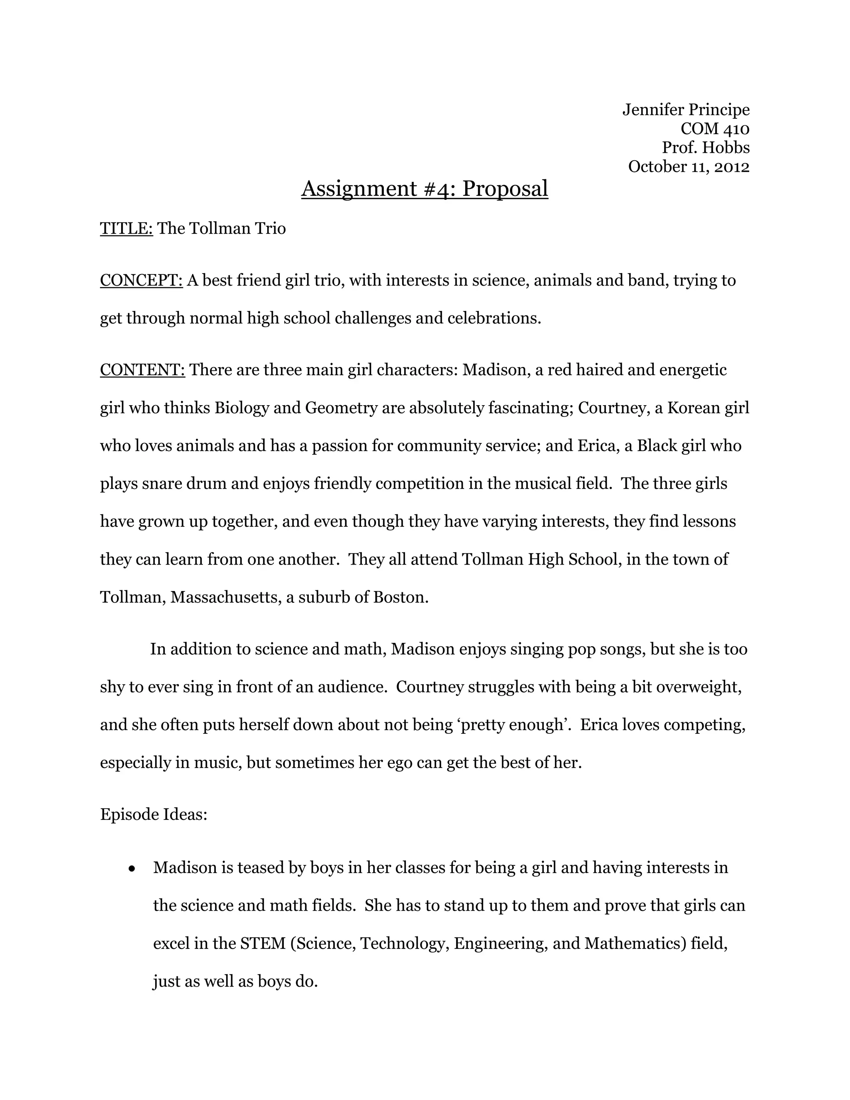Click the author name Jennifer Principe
[x=686, y=110]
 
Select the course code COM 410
[x=715, y=129]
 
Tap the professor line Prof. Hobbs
[x=706, y=148]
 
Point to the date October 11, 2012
[x=689, y=167]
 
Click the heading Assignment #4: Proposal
[x=425, y=189]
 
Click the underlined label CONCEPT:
[x=141, y=281]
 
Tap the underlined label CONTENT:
[x=142, y=370]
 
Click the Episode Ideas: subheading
[x=154, y=815]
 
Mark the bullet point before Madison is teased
[x=132, y=869]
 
